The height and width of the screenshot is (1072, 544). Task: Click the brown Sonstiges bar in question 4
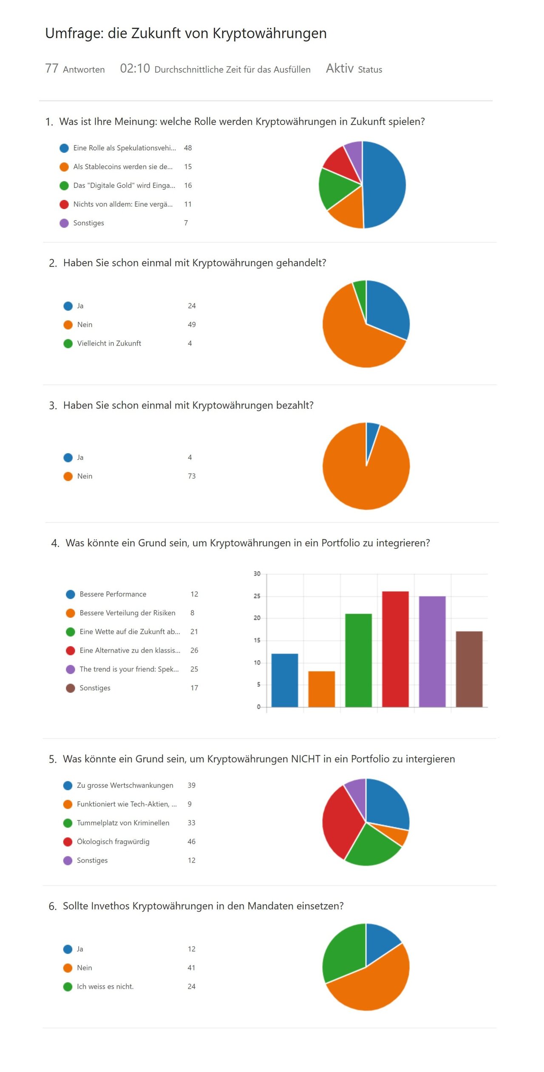tap(469, 669)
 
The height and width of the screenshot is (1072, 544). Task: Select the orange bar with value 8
tap(321, 689)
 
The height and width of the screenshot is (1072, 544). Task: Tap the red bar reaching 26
tap(395, 649)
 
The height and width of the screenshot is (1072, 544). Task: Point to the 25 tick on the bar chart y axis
tap(257, 596)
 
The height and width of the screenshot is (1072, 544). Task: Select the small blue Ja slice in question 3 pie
tap(371, 436)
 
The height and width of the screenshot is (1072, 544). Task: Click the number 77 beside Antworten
tap(52, 68)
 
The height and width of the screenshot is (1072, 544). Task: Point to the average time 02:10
tap(135, 68)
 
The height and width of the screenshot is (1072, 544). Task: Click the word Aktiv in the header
tap(340, 68)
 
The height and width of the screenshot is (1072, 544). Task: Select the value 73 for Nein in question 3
tap(192, 476)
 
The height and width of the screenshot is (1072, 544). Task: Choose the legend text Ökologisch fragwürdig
tap(113, 842)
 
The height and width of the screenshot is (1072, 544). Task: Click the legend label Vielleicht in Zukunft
tap(109, 343)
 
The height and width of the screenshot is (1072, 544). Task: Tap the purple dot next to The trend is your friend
tap(71, 669)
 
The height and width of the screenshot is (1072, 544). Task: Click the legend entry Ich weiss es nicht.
tap(105, 987)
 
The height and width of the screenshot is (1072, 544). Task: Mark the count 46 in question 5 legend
tap(192, 842)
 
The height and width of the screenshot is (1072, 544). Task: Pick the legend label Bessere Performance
tap(113, 594)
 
